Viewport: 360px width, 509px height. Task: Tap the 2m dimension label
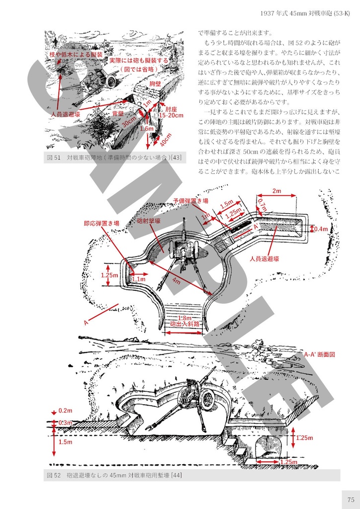pyautogui.click(x=277, y=191)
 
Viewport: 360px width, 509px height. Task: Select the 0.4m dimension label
pyautogui.click(x=321, y=229)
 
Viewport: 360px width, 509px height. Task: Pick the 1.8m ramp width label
pyautogui.click(x=184, y=318)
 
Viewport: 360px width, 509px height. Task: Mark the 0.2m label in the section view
pyautogui.click(x=66, y=411)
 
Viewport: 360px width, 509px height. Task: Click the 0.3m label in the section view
pyautogui.click(x=66, y=423)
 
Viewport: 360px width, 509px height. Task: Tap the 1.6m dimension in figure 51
pyautogui.click(x=147, y=128)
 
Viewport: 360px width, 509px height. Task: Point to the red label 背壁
pyautogui.click(x=118, y=114)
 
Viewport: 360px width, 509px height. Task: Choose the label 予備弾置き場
pyautogui.click(x=190, y=200)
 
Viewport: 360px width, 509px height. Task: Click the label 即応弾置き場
pyautogui.click(x=101, y=224)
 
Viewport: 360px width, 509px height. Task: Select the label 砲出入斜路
pyautogui.click(x=184, y=324)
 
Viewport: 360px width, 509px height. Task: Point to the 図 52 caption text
pyautogui.click(x=114, y=476)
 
